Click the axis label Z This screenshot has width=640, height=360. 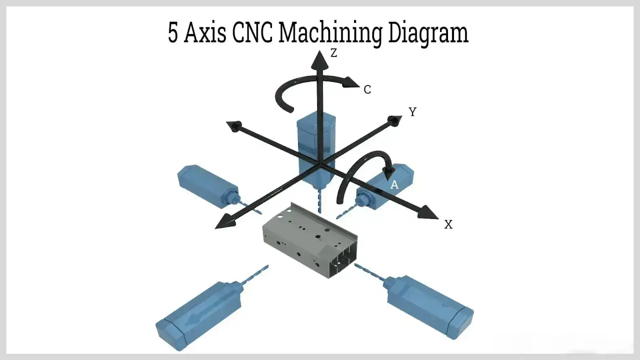[x=334, y=53]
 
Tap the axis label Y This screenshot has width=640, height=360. [x=412, y=112]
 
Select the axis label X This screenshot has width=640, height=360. [x=448, y=225]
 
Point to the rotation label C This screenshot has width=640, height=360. [x=367, y=90]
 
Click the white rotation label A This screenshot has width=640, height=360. [x=394, y=185]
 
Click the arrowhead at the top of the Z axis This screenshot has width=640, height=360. [x=320, y=59]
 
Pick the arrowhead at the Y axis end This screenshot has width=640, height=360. [x=395, y=120]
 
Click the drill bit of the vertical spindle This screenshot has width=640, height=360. [x=319, y=202]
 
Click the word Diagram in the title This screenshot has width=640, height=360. [x=428, y=33]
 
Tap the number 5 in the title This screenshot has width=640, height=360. [x=172, y=33]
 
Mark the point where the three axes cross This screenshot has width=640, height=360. [x=320, y=164]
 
